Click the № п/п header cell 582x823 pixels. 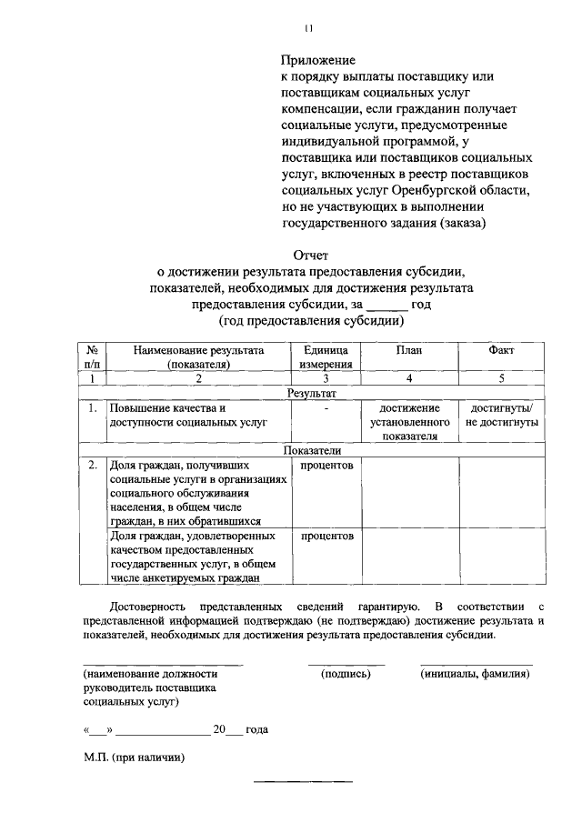92,356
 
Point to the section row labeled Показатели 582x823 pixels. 312,450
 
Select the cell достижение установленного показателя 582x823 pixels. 409,422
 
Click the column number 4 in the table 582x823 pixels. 409,379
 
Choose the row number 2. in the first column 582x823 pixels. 92,466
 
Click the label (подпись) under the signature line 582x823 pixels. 346,674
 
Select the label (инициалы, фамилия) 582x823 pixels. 476,674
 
